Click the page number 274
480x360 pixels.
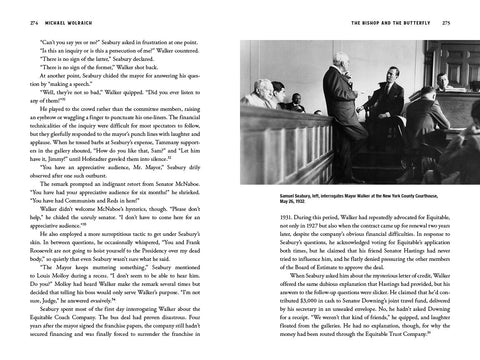pyautogui.click(x=13, y=20)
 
